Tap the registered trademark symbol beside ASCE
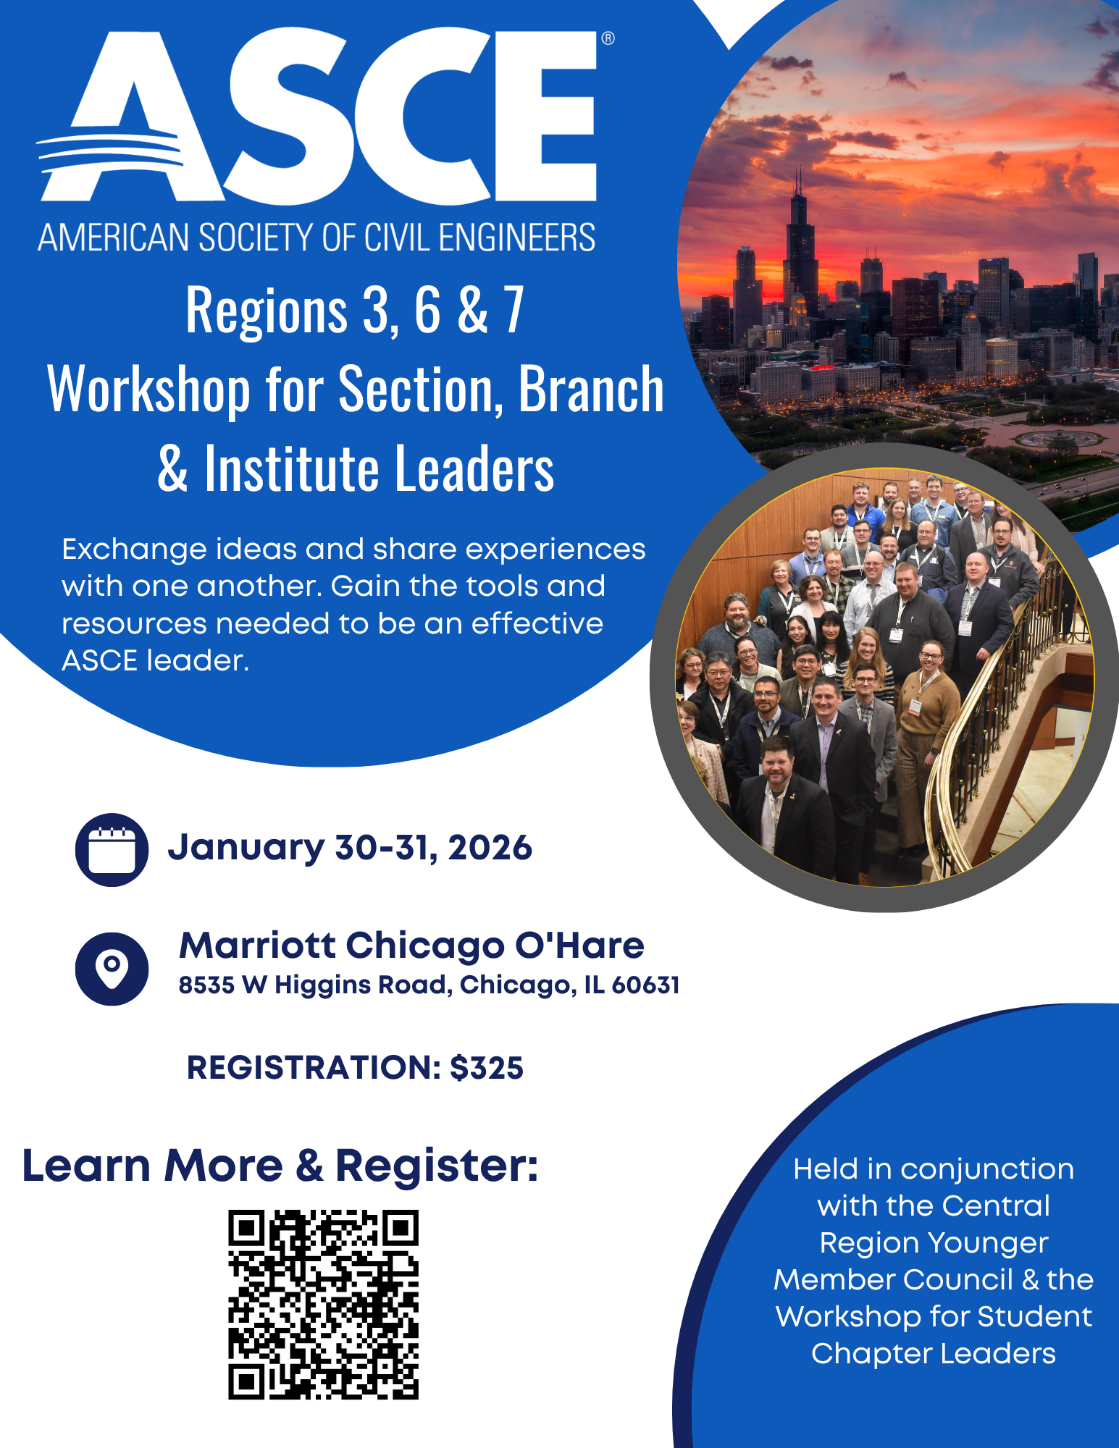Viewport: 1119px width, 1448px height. tap(608, 38)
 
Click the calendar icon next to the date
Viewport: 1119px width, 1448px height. tap(112, 849)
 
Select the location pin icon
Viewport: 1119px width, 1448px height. tap(112, 968)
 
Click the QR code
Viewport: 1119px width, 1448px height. tap(323, 1304)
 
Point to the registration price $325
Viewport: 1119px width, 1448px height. tap(487, 1068)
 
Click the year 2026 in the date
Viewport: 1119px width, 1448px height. tap(490, 848)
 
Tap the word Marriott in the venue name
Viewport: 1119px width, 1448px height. tap(257, 946)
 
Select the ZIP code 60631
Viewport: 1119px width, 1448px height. tap(645, 985)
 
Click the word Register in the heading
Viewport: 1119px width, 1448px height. tap(437, 1166)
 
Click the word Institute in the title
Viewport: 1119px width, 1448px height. tap(291, 468)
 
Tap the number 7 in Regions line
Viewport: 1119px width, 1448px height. tap(514, 309)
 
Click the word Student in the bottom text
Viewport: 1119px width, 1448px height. tap(1036, 1316)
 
